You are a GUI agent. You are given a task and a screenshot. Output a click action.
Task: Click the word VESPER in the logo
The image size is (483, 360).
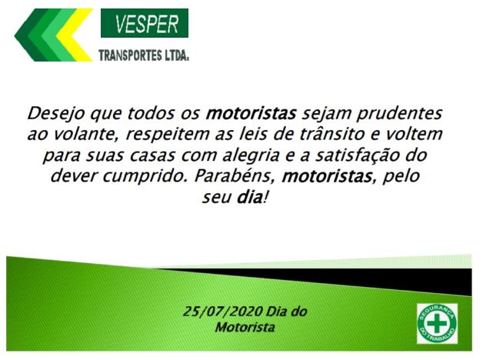coord(147,24)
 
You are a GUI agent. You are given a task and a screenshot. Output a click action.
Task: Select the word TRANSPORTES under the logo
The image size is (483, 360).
coord(130,55)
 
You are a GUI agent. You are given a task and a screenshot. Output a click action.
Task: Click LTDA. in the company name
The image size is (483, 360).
coord(176,55)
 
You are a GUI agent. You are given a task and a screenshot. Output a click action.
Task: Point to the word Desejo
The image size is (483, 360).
coord(55,114)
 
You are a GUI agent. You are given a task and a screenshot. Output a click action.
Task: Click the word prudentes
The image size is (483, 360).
coord(399,114)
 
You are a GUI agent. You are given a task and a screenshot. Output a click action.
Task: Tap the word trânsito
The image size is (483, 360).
coord(333,135)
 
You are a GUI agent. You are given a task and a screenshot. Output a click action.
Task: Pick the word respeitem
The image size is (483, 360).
coord(168,135)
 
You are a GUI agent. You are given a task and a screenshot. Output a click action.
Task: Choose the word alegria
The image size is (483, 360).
coord(251,156)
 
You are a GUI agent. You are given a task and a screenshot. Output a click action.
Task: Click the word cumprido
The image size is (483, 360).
coord(145,176)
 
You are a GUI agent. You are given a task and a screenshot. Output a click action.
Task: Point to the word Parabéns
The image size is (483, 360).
coord(235,176)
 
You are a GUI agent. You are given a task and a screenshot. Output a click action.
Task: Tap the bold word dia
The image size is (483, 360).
coord(249,197)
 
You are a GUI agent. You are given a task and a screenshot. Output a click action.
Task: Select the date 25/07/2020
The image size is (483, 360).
coord(223,312)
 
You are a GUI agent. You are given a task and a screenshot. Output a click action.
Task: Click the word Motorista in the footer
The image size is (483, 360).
coord(245,327)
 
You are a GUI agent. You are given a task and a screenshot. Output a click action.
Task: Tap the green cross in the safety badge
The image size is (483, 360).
coord(437,323)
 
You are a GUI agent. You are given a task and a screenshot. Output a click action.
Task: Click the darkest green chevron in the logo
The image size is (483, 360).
coord(30,35)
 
